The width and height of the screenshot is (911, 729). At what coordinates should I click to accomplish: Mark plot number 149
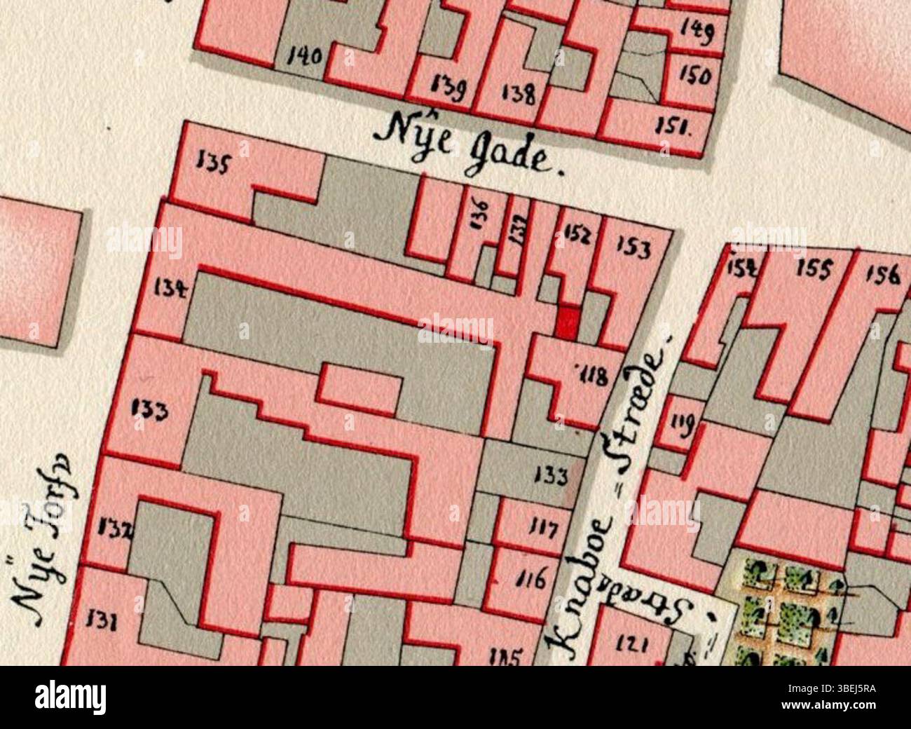[x=696, y=31]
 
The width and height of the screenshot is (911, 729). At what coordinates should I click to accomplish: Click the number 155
[x=814, y=268]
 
